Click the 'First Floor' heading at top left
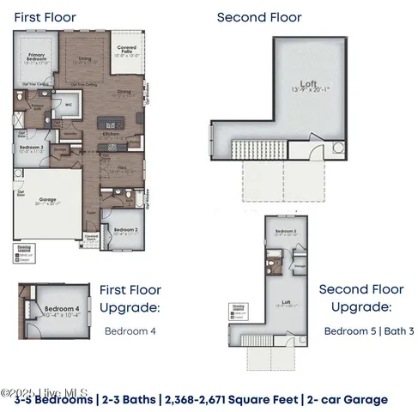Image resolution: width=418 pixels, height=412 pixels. (x=45, y=17)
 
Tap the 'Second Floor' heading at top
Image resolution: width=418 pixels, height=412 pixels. (x=258, y=17)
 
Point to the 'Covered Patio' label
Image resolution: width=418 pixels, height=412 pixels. (x=126, y=54)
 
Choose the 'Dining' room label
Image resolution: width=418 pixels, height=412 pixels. (x=124, y=92)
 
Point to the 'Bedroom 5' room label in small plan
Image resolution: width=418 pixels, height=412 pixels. (x=261, y=233)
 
